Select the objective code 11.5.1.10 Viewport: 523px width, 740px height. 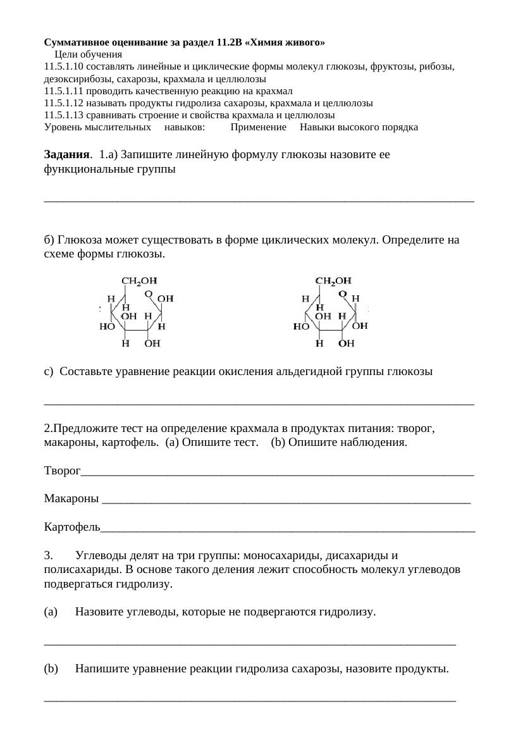tap(63, 66)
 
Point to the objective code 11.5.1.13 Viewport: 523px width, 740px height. tap(63, 115)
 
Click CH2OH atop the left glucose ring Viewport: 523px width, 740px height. tap(138, 280)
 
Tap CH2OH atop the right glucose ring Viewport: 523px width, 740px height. tap(333, 280)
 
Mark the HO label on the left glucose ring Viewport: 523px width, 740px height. tap(107, 327)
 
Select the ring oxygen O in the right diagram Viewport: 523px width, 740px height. tap(342, 293)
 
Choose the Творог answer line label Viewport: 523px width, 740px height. tap(62, 471)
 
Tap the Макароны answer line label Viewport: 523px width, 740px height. tap(71, 499)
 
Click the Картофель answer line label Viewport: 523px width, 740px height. tap(71, 526)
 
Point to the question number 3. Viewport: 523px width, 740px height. tap(48, 556)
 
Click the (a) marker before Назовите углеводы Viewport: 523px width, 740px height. tap(51, 612)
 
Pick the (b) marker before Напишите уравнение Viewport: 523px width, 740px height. tap(51, 669)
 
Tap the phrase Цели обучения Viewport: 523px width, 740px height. tap(88, 55)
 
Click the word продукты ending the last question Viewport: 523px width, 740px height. tap(424, 669)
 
